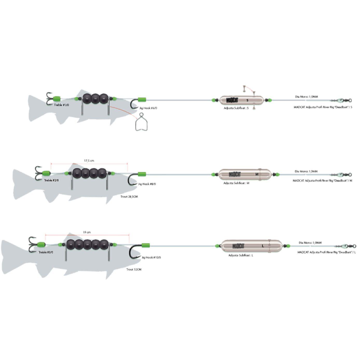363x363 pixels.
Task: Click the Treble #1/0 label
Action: click(x=61, y=105)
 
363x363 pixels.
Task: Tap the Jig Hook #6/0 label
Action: click(x=148, y=108)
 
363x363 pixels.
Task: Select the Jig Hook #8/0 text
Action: click(x=147, y=184)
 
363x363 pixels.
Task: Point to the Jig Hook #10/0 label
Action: click(x=151, y=257)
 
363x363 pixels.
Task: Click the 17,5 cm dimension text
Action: click(x=89, y=161)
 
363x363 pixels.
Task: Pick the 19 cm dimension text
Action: click(x=87, y=232)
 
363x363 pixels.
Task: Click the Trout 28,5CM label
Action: click(x=129, y=197)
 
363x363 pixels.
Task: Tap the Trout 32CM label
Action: click(x=134, y=270)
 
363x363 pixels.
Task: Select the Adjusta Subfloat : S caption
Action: click(x=236, y=108)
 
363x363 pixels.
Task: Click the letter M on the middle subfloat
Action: click(x=257, y=174)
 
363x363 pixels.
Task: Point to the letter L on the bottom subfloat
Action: click(x=263, y=246)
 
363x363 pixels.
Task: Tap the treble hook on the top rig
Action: click(x=49, y=99)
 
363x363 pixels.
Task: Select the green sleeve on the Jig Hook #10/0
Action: click(x=145, y=245)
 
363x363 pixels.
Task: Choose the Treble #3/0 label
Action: click(x=46, y=252)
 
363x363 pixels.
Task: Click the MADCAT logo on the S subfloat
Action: click(x=232, y=100)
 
